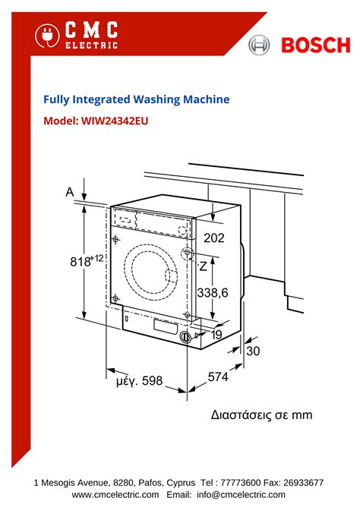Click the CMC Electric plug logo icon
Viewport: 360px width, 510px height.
point(47,36)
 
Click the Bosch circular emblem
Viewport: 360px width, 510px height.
point(260,46)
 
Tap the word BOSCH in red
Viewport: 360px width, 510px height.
point(311,46)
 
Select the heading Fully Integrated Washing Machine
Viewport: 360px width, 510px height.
point(136,99)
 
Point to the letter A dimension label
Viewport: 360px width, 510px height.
point(70,193)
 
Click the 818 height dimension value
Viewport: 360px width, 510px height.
point(84,261)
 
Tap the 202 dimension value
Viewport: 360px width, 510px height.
point(215,238)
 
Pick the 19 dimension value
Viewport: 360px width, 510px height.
point(216,334)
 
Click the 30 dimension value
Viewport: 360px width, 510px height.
point(253,351)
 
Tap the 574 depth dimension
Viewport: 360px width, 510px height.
point(219,376)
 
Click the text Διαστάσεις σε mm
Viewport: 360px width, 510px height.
point(261,415)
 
